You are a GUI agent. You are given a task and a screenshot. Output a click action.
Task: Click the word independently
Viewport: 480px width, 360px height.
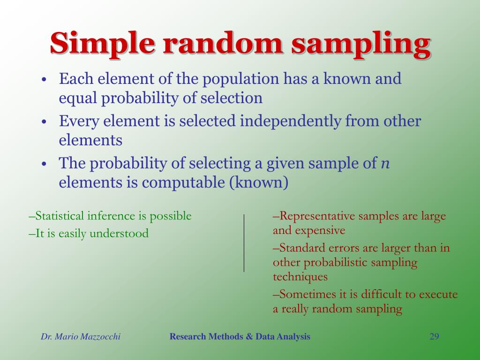291,121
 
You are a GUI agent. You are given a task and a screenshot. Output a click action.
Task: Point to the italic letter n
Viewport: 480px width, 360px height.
385,164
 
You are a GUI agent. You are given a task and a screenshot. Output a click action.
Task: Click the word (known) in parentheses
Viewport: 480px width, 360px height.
258,183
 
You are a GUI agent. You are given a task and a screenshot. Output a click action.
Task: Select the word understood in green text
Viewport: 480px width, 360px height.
119,233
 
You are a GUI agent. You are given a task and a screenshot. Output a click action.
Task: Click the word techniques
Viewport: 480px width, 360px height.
300,277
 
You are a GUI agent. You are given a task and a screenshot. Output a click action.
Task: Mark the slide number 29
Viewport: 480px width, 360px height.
434,337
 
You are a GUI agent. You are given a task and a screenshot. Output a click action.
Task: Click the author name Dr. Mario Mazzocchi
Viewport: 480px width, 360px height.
81,337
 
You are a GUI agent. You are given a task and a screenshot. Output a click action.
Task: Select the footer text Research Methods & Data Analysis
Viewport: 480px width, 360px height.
240,337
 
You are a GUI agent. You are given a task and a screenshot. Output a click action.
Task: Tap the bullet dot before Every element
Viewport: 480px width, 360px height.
44,122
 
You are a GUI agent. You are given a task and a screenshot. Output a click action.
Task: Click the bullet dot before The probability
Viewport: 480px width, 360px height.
44,164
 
